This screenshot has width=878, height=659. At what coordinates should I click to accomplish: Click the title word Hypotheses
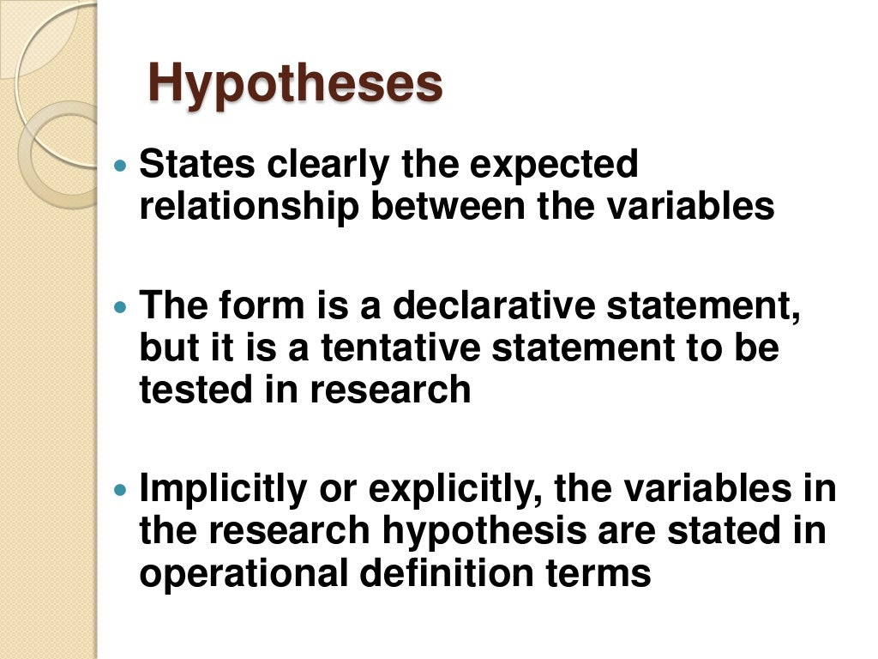[x=296, y=84]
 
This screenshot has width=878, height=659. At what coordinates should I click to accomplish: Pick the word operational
[x=244, y=572]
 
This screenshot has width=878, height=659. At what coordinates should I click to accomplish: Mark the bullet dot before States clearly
[x=121, y=164]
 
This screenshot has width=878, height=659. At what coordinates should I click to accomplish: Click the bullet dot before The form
[x=121, y=306]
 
